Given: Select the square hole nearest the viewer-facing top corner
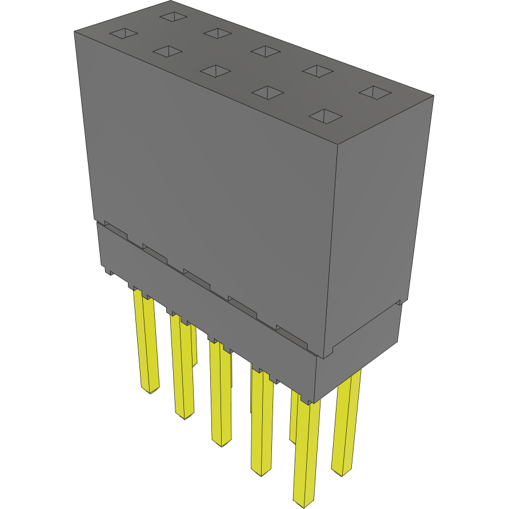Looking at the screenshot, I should [325, 116].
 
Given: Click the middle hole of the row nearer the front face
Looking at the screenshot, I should [216, 71].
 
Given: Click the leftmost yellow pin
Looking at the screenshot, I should [147, 343].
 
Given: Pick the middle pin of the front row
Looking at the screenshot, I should [220, 394].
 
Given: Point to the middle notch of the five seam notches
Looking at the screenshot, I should [196, 276].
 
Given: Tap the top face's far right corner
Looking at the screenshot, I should [433, 95].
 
